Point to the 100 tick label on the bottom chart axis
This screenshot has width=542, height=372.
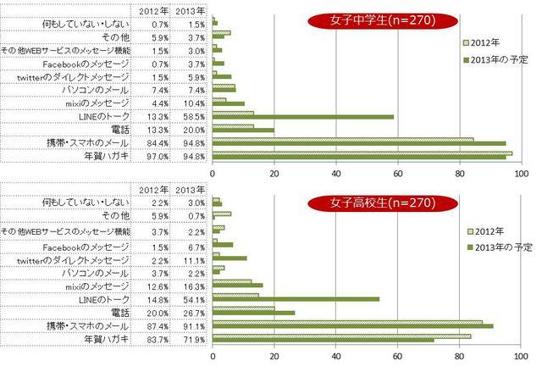[520, 358]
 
